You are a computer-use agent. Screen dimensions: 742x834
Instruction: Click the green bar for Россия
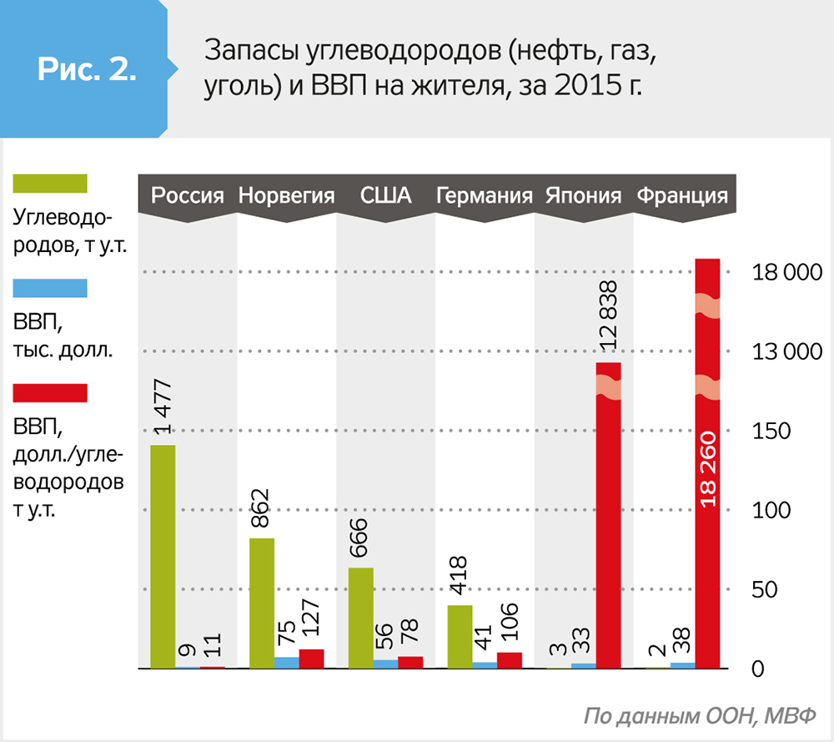point(163,557)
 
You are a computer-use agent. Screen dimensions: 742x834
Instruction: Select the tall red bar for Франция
point(707,464)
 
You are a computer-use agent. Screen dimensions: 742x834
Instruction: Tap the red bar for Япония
point(609,516)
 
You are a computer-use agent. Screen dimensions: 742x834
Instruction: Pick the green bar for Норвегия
point(262,603)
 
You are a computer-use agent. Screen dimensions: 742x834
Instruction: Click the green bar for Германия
point(460,637)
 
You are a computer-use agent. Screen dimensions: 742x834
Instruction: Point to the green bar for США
point(361,618)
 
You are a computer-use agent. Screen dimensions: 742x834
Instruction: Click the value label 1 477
point(163,406)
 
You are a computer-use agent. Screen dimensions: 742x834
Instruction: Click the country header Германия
point(484,196)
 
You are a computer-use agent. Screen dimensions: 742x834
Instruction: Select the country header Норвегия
point(286,196)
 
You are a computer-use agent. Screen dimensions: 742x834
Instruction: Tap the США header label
point(385,196)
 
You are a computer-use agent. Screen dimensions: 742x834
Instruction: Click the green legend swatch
point(50,183)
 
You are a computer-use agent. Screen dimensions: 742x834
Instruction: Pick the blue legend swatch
point(50,287)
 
